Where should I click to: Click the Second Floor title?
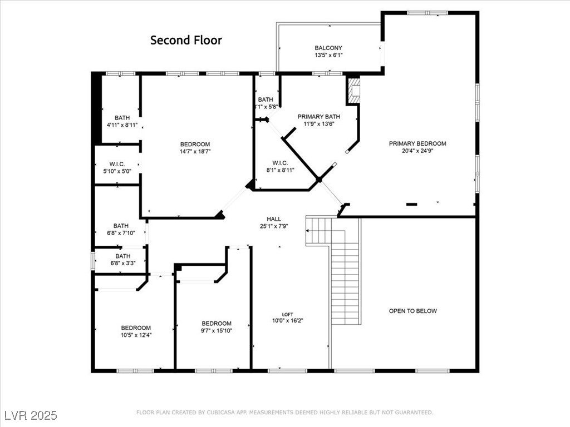(186, 40)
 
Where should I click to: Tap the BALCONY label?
(328, 48)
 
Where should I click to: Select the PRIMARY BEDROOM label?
(417, 143)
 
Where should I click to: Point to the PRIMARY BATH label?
(318, 117)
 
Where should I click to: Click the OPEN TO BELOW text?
(412, 311)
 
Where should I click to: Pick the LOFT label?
(287, 314)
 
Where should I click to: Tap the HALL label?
(274, 219)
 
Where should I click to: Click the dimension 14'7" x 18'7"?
(195, 151)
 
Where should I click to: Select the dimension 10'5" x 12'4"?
(136, 335)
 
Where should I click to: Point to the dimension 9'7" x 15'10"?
(217, 330)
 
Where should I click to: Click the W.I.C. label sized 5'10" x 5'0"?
(117, 164)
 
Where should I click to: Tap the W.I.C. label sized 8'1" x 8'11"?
(280, 163)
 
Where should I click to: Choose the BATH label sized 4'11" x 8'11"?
(122, 118)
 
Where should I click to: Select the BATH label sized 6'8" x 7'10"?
(121, 226)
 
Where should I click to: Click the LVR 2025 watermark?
(31, 415)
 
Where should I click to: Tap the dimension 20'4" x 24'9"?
(417, 150)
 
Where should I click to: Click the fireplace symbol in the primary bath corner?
(353, 90)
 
